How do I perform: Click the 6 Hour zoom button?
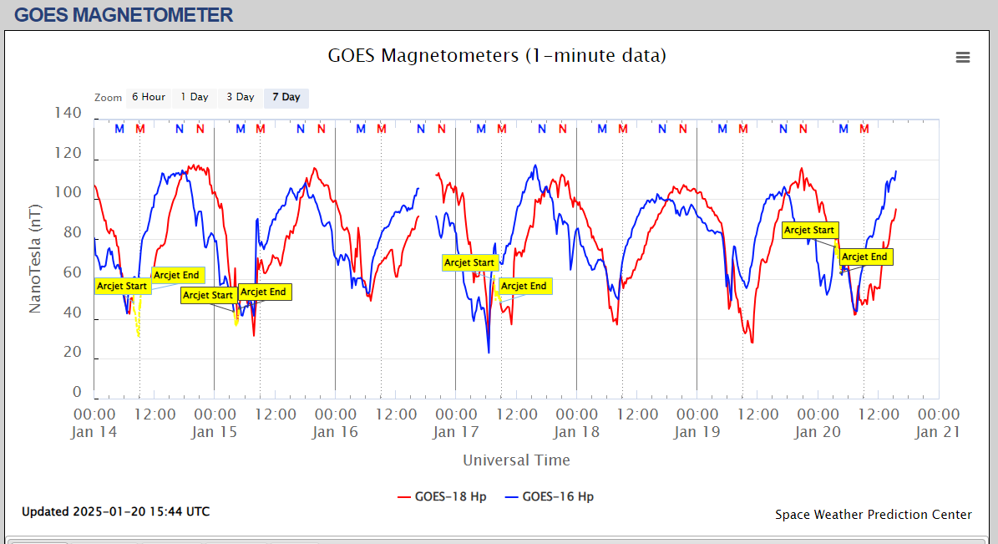pyautogui.click(x=148, y=98)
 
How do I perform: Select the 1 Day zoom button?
pyautogui.click(x=195, y=98)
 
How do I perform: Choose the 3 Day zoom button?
pyautogui.click(x=241, y=98)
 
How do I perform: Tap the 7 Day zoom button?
pyautogui.click(x=286, y=98)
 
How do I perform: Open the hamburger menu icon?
pyautogui.click(x=963, y=57)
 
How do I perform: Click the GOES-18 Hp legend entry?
pyautogui.click(x=443, y=496)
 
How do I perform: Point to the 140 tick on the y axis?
pyautogui.click(x=68, y=113)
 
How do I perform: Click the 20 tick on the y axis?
pyautogui.click(x=73, y=353)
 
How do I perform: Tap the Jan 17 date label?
pyautogui.click(x=456, y=432)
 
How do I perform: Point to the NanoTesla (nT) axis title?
pyautogui.click(x=35, y=257)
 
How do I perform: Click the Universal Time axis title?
pyautogui.click(x=516, y=460)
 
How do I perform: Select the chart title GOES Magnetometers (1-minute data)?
pyautogui.click(x=497, y=56)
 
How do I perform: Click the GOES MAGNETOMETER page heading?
pyautogui.click(x=124, y=15)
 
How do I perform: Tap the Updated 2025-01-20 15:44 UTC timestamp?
pyautogui.click(x=116, y=511)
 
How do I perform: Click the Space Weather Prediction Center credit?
pyautogui.click(x=874, y=515)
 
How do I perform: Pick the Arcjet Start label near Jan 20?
pyautogui.click(x=809, y=231)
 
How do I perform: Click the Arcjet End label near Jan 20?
pyautogui.click(x=866, y=257)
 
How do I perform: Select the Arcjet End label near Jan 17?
pyautogui.click(x=524, y=287)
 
